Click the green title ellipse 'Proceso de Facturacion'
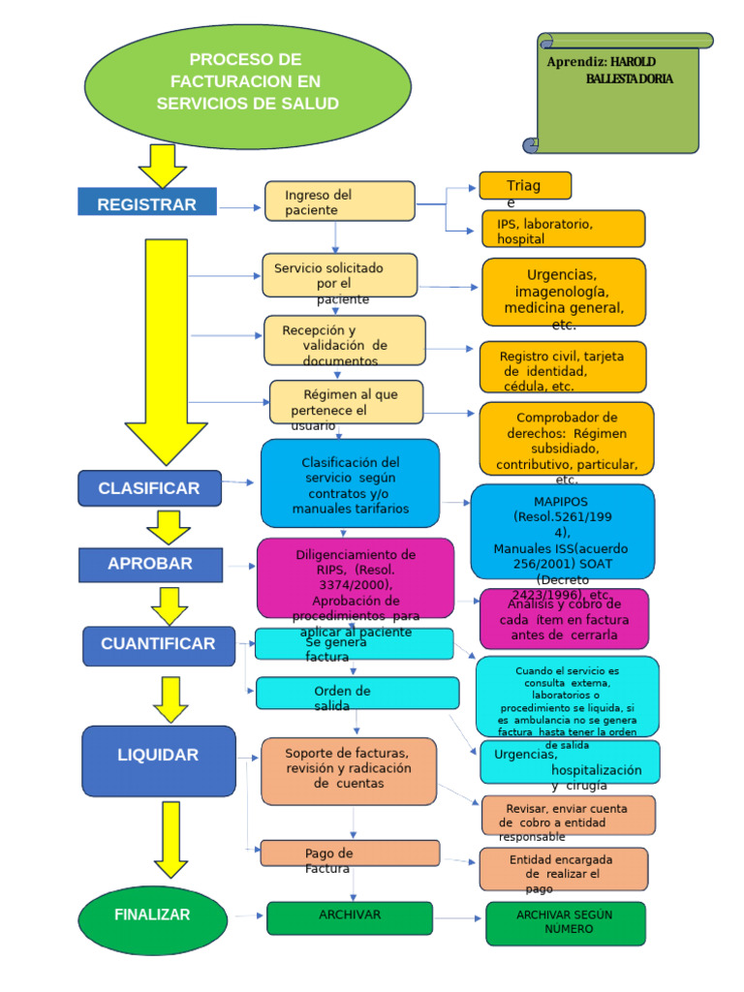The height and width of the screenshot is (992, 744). click(x=248, y=81)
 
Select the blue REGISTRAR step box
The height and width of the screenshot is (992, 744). click(x=147, y=203)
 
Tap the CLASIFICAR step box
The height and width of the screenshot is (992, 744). click(x=149, y=488)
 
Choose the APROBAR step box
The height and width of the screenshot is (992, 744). click(x=150, y=564)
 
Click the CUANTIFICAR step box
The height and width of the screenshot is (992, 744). click(x=159, y=645)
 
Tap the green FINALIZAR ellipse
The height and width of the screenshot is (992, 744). click(x=152, y=915)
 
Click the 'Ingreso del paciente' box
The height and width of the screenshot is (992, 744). click(x=339, y=201)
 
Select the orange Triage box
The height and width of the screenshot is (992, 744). click(x=525, y=186)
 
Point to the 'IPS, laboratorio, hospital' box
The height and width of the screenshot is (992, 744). click(x=562, y=230)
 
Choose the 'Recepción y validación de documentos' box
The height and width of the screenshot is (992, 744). click(x=344, y=340)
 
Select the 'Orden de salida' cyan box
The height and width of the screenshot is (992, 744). click(x=356, y=693)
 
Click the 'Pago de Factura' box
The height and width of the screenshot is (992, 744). click(x=349, y=853)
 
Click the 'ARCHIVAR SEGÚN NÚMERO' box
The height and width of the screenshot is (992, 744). click(x=566, y=923)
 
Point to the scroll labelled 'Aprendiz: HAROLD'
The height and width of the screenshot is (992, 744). click(x=620, y=93)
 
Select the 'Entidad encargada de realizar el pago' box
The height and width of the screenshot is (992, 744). click(x=563, y=869)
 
